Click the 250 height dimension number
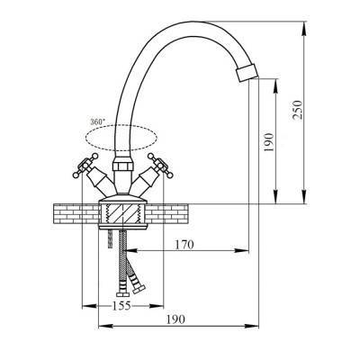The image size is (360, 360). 298,110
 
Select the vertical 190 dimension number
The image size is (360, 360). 269,142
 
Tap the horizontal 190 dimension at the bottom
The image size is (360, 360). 175,319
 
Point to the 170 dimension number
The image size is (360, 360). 184,245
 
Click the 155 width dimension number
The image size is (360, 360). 121,306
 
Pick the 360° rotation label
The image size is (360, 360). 98,122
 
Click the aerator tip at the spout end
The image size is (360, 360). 247,73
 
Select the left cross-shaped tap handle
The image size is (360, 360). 85,166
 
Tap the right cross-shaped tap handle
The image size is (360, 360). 160,166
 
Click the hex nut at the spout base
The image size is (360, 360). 122,166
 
